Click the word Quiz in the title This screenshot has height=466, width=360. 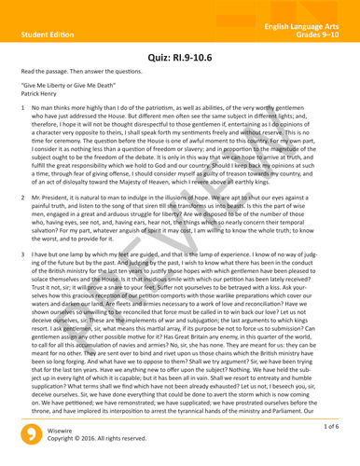click(165, 58)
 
